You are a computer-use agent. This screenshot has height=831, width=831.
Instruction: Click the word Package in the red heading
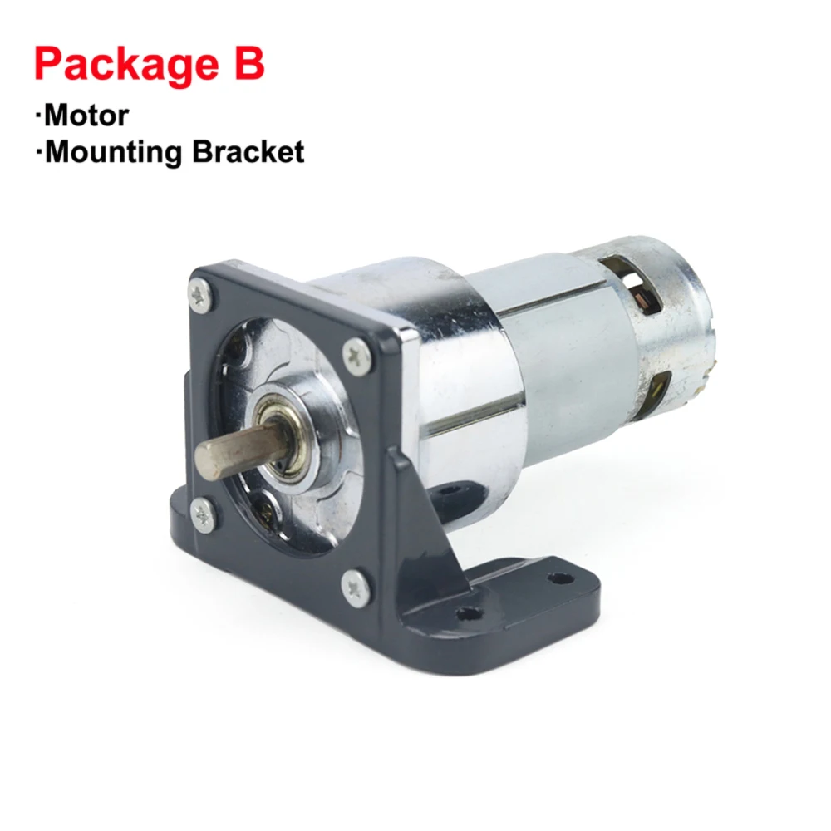[126, 65]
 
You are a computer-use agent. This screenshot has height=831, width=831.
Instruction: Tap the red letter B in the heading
[248, 63]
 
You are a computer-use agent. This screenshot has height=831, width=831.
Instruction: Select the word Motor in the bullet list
[86, 115]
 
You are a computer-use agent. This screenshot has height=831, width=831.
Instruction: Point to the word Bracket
[248, 151]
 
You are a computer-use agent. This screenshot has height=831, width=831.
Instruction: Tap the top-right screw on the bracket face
[356, 355]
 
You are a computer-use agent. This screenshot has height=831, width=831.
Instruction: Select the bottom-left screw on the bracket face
[203, 515]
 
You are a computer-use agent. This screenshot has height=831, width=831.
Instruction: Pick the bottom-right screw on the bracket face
[356, 587]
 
